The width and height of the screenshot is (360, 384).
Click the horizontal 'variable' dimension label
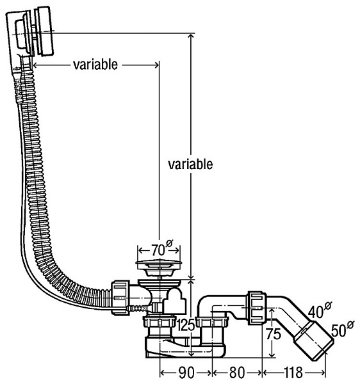point(95,65)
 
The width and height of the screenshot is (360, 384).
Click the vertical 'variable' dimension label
point(190,164)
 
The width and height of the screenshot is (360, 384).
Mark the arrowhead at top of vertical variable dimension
point(190,37)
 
